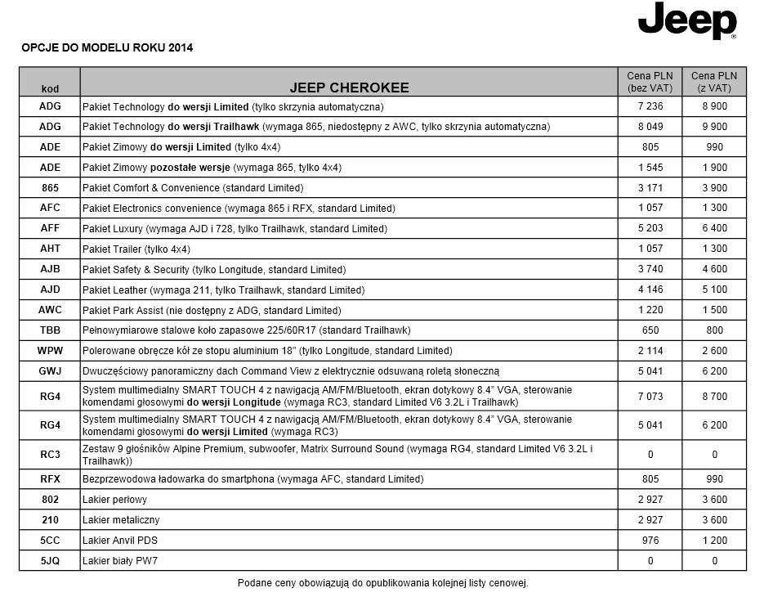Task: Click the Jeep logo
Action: [687, 21]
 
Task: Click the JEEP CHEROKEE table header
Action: [349, 87]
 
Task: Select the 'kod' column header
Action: [50, 88]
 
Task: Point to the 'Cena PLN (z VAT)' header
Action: [714, 81]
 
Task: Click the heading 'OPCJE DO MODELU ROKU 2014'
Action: [107, 47]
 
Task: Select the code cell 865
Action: [50, 187]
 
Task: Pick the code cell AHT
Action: [50, 249]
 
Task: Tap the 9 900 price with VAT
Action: [714, 127]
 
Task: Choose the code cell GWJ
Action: [50, 370]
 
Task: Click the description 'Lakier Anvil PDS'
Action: [118, 540]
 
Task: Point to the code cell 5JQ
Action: [50, 560]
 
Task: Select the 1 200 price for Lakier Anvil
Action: [714, 540]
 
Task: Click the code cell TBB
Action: [50, 330]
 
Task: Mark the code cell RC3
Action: [50, 455]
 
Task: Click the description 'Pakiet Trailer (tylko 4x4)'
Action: [136, 249]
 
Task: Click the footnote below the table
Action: [382, 583]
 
